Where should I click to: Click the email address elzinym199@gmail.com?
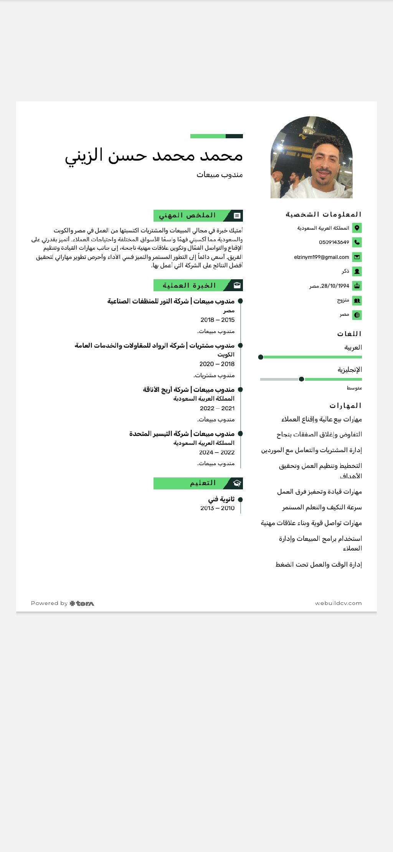click(322, 257)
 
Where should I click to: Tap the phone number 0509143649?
click(334, 242)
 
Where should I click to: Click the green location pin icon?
click(357, 228)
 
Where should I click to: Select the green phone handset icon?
click(357, 242)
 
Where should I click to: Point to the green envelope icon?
click(357, 257)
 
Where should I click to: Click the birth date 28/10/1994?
click(335, 286)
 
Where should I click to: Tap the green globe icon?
click(357, 315)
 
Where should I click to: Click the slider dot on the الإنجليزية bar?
click(301, 379)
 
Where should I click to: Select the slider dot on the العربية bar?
click(261, 357)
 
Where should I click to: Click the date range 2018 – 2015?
click(217, 320)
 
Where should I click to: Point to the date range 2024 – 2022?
click(217, 452)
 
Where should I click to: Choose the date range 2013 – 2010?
click(217, 508)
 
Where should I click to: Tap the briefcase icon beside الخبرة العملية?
click(237, 285)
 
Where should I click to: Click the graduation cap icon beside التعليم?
click(237, 483)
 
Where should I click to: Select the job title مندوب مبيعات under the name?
click(220, 175)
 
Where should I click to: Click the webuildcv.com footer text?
click(338, 603)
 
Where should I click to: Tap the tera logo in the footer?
click(82, 603)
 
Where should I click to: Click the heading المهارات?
click(345, 406)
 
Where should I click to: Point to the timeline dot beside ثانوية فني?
click(240, 499)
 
